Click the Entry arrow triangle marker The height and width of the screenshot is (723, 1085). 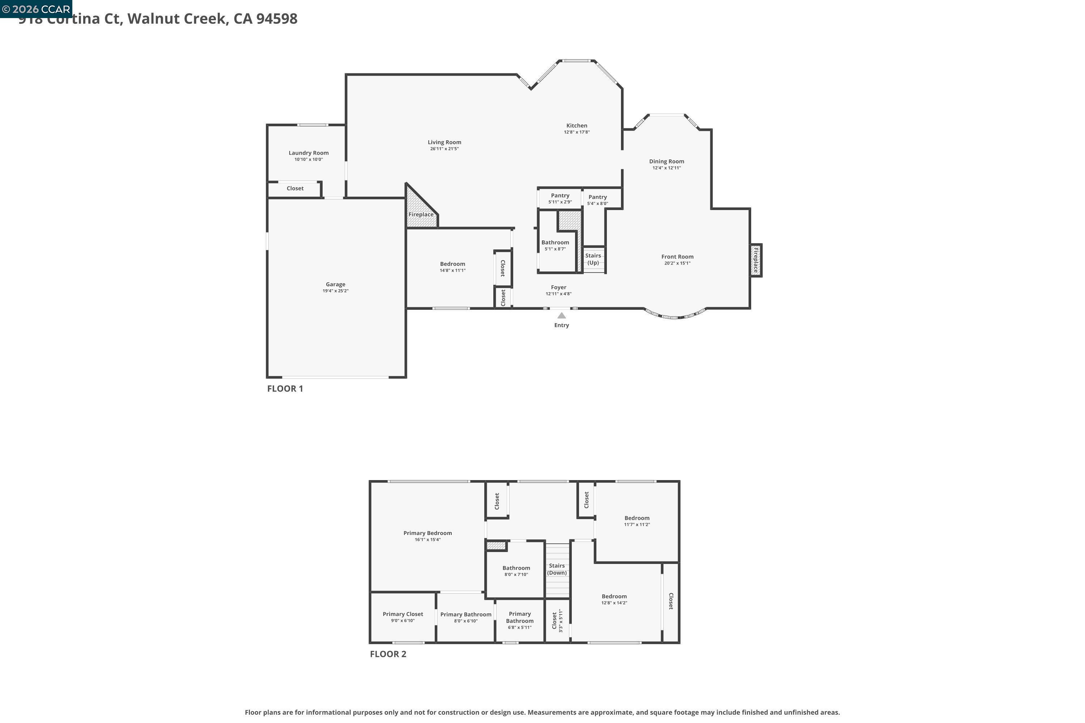click(x=561, y=315)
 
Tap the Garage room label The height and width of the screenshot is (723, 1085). click(x=335, y=285)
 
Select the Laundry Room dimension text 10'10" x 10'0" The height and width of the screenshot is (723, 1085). click(x=309, y=159)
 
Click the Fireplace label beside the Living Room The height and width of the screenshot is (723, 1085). click(x=421, y=214)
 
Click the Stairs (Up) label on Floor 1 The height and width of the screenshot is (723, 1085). click(x=593, y=259)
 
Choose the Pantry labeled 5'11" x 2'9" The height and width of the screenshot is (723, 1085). click(x=560, y=198)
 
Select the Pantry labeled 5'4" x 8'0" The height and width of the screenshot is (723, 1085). click(x=597, y=200)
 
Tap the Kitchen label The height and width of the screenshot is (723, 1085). click(x=576, y=125)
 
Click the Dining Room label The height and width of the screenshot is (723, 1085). click(x=667, y=161)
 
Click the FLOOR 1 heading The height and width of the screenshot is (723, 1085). click(x=285, y=389)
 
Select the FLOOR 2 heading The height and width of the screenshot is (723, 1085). click(x=388, y=654)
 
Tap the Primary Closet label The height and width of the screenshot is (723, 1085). click(x=403, y=614)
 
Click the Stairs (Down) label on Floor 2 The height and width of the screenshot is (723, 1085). click(x=557, y=569)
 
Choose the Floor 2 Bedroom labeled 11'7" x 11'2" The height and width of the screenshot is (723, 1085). click(x=637, y=521)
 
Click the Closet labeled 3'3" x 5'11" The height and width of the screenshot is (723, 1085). click(x=557, y=621)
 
